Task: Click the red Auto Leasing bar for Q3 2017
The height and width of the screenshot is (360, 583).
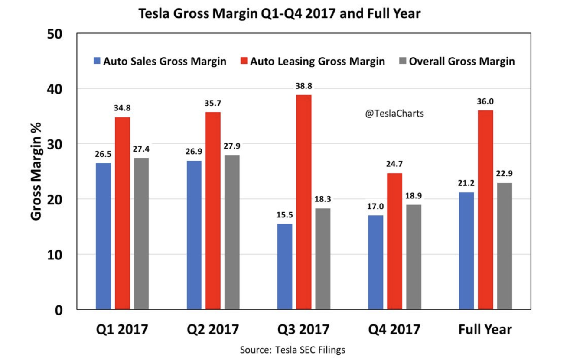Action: pos(304,202)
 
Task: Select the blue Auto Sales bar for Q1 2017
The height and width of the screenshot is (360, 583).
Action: pos(104,236)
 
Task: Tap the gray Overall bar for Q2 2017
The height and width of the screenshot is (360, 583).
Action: pos(232,232)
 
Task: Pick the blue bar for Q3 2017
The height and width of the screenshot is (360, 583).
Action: pos(285,266)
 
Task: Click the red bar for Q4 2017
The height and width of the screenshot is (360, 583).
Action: pos(395,241)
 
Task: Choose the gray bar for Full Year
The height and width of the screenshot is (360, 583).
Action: pos(505,246)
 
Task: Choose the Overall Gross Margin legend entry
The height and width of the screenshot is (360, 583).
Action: pos(457,61)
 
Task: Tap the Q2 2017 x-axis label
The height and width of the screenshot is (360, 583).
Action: pos(213,329)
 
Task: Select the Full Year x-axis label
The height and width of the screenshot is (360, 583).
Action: pos(485,329)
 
